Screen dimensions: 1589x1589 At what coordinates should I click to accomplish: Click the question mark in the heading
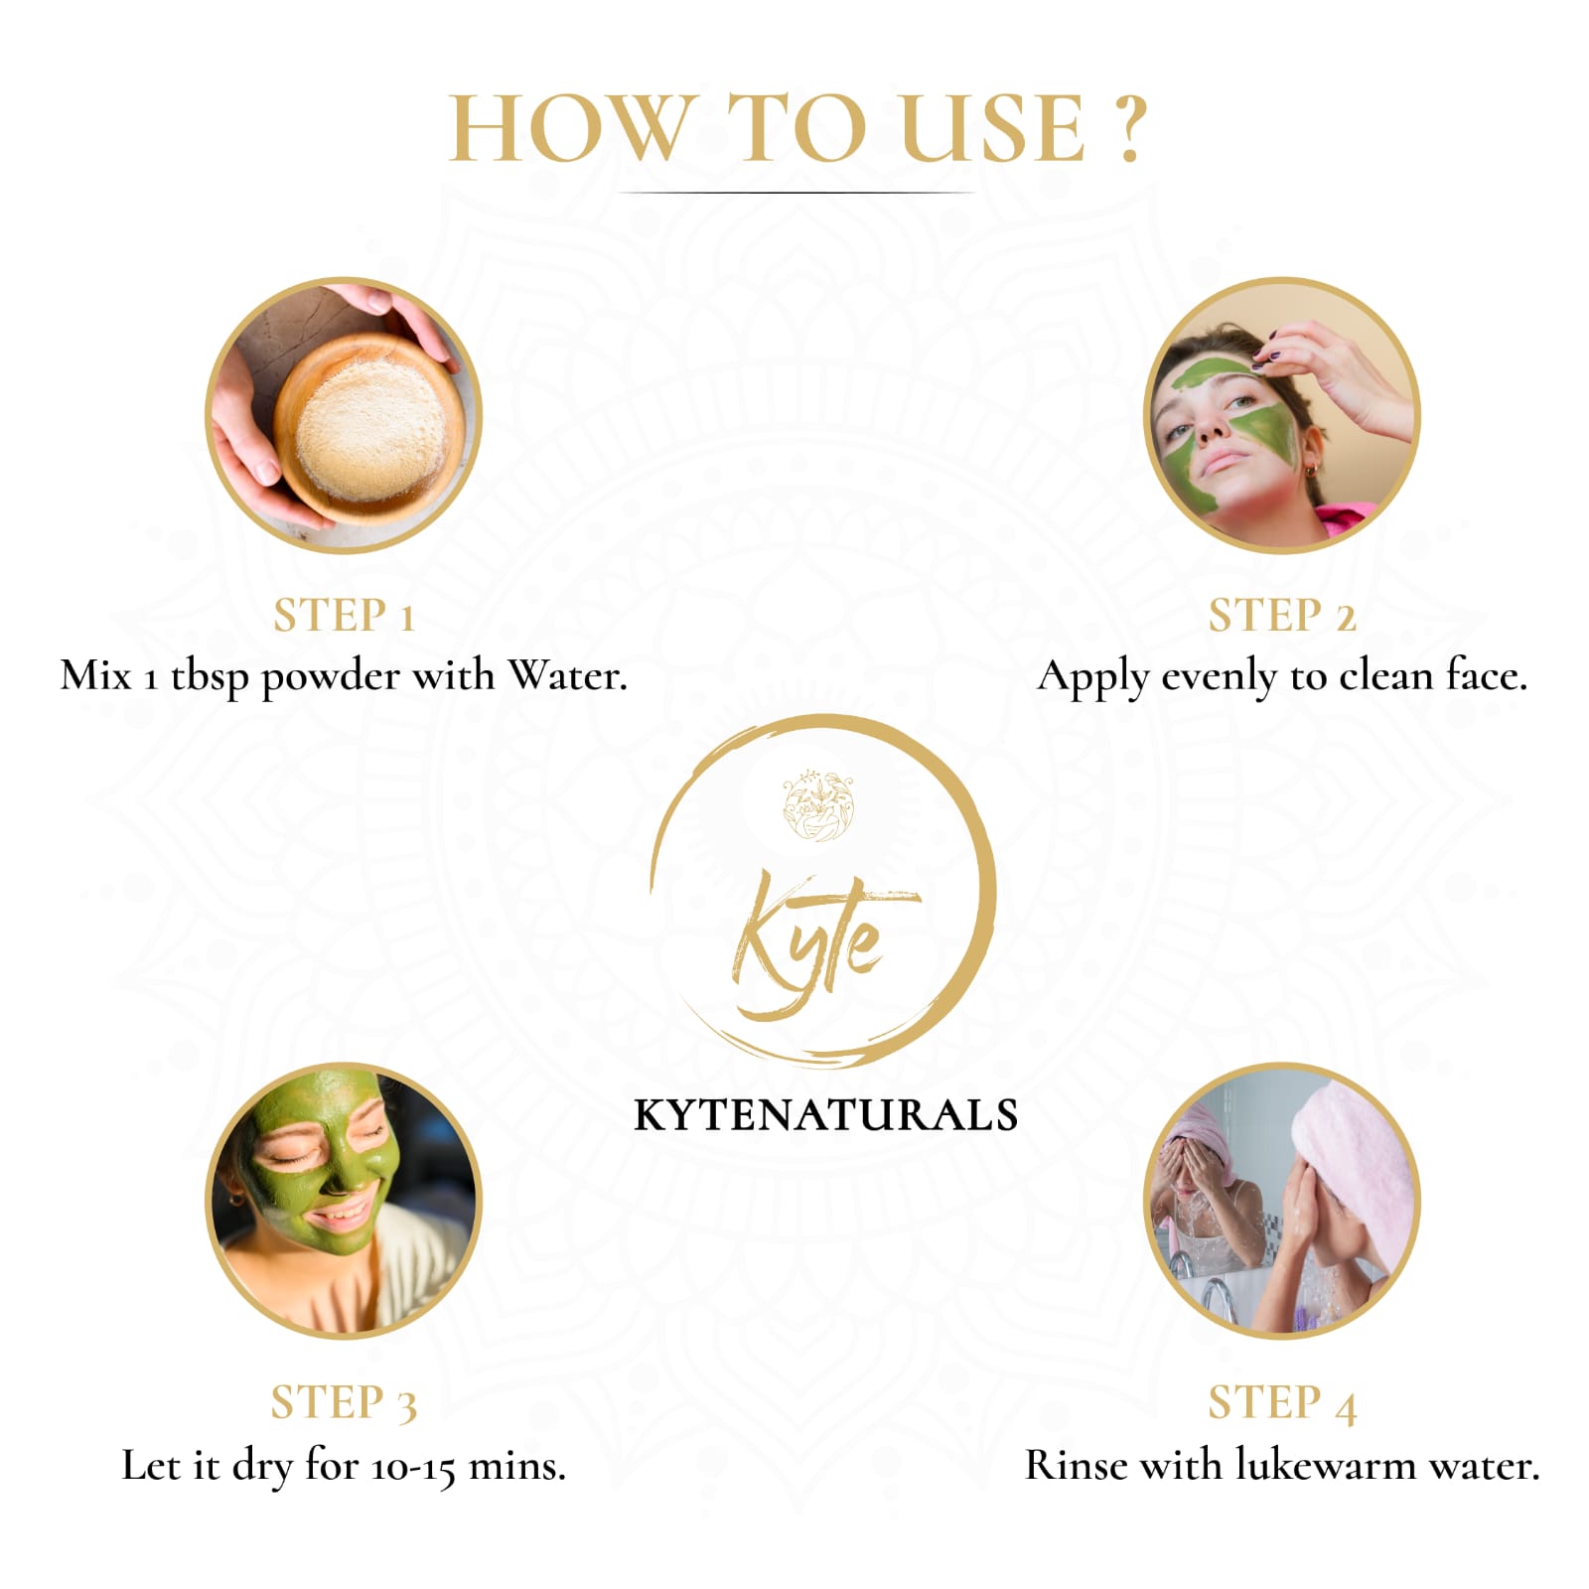(1128, 129)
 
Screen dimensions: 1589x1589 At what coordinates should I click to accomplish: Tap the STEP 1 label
(344, 616)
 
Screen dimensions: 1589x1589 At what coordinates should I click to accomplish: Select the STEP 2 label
(1282, 616)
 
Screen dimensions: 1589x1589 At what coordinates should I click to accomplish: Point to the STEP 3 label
(344, 1403)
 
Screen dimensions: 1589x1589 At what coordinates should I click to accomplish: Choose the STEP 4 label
(1282, 1403)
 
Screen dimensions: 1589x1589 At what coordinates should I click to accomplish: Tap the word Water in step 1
(568, 675)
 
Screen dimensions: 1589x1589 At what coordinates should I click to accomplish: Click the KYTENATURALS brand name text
(825, 1115)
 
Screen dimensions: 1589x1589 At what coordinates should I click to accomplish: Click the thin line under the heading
(794, 193)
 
